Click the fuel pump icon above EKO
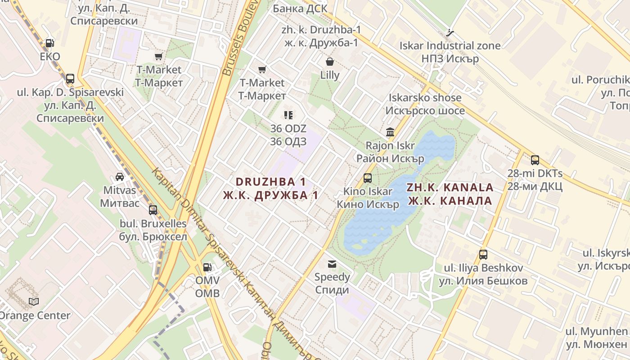tap(50, 43)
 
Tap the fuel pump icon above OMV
tap(207, 267)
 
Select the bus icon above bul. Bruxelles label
tap(153, 210)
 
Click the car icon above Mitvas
tap(120, 176)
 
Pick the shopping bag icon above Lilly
tap(330, 62)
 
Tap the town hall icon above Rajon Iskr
tap(390, 132)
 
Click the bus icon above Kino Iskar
tap(368, 178)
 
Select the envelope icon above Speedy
tap(332, 264)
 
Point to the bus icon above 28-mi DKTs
tap(535, 160)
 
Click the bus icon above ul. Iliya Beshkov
tap(483, 255)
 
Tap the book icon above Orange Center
tap(34, 301)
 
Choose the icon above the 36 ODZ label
tap(288, 115)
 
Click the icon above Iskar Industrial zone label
tap(450, 32)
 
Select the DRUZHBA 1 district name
tap(271, 182)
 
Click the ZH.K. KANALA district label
tap(450, 188)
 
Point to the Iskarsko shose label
tap(425, 98)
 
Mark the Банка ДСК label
tap(300, 9)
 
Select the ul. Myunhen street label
tap(596, 332)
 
